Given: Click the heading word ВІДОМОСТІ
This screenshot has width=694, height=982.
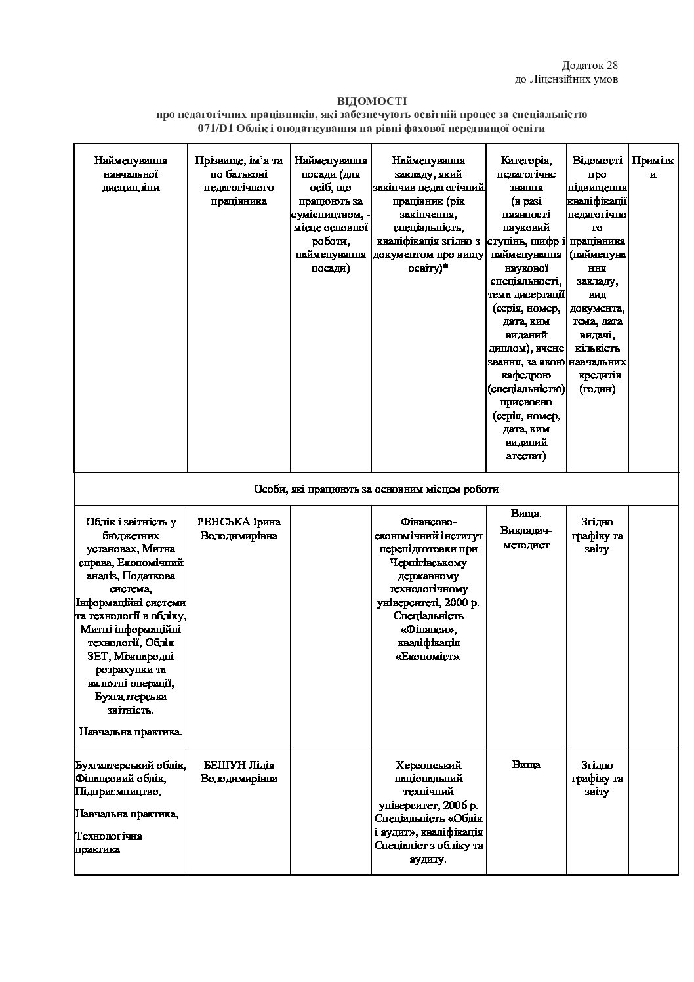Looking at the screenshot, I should click(x=372, y=101).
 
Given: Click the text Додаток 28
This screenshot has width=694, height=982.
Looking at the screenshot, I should click(x=590, y=66).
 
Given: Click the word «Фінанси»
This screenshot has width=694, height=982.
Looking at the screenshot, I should click(x=429, y=629).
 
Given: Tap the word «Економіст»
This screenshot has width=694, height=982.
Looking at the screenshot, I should click(x=429, y=656).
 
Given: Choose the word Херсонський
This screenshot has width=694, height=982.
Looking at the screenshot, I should click(x=429, y=766).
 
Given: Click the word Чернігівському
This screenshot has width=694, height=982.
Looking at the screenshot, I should click(x=429, y=562).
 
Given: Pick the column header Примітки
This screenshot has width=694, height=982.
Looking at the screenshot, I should click(x=653, y=167).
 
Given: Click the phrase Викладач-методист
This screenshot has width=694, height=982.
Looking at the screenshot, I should click(x=526, y=537).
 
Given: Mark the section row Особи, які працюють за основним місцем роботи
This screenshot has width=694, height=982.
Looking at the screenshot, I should click(x=376, y=489).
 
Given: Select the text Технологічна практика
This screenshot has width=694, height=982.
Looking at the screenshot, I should click(x=108, y=842).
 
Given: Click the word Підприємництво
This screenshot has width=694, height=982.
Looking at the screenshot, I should click(x=119, y=792).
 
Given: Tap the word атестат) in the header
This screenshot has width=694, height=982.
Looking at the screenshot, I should click(x=525, y=456).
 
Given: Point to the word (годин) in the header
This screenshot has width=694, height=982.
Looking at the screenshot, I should click(x=597, y=389).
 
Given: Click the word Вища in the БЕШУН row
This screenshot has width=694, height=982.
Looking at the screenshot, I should click(x=525, y=765).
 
